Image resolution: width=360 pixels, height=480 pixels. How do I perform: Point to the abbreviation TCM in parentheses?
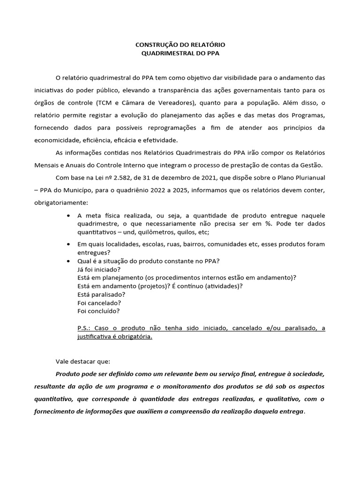[106, 103]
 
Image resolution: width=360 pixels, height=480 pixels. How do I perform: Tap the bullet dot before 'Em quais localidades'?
[69, 245]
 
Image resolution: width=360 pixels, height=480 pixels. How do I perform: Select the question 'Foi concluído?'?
[98, 311]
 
